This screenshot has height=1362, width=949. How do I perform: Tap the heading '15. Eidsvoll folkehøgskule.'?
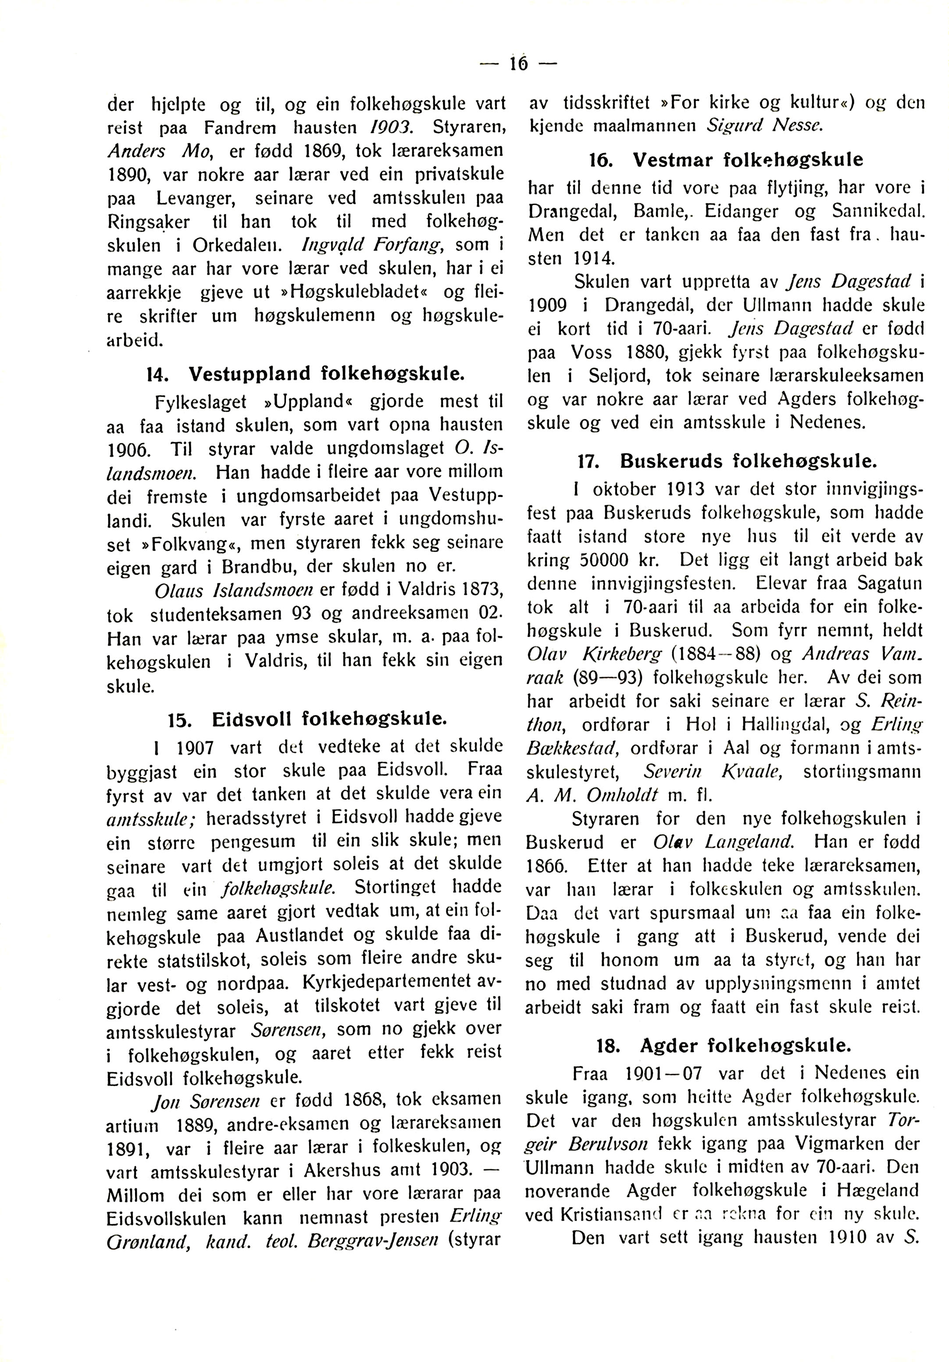(306, 720)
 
